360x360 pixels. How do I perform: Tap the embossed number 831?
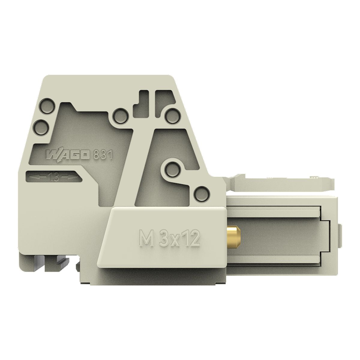tap(103, 155)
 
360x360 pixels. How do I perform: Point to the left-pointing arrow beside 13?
tap(38, 176)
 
